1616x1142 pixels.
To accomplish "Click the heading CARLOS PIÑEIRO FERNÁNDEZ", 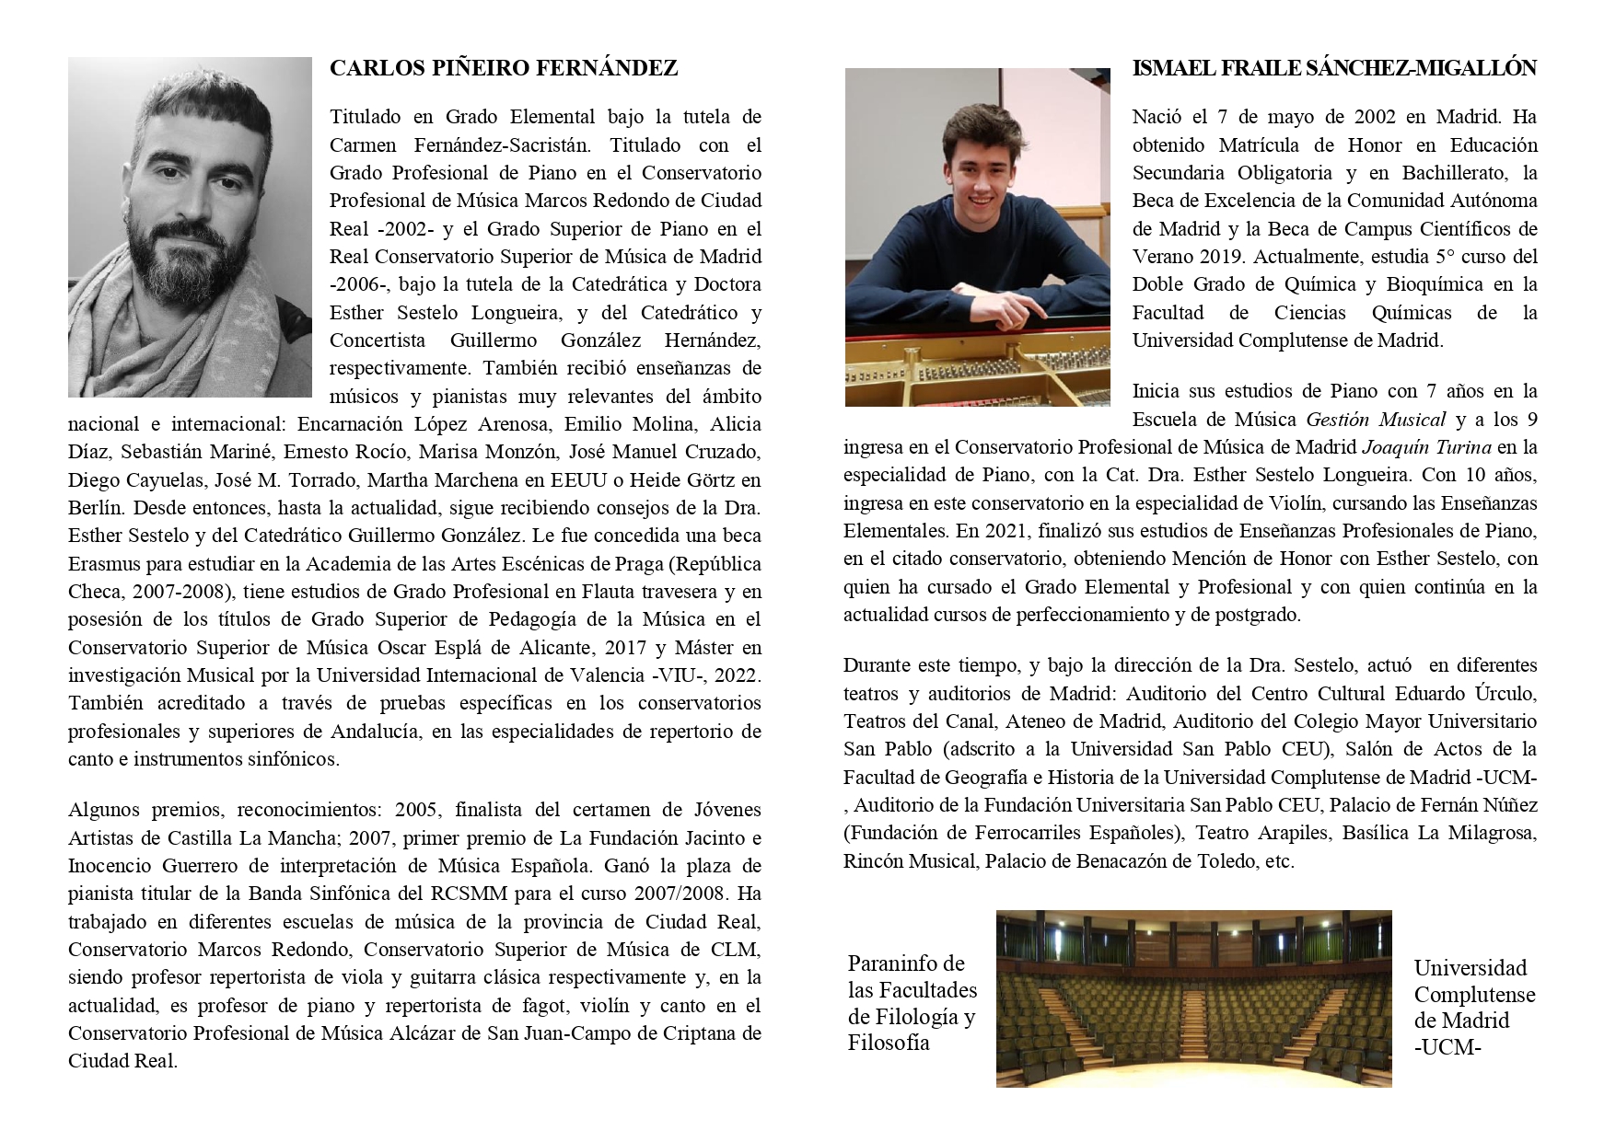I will tap(503, 68).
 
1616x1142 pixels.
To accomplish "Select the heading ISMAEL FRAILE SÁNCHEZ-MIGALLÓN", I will tap(1334, 68).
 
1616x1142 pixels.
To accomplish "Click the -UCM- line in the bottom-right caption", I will tap(1447, 1047).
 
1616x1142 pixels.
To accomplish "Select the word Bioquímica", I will tap(1449, 284).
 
